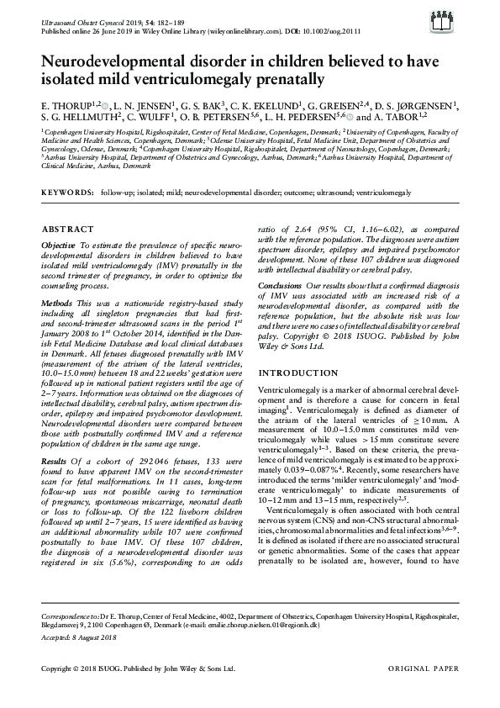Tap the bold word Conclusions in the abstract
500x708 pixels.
(280, 285)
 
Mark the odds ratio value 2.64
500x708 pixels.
(296, 229)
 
